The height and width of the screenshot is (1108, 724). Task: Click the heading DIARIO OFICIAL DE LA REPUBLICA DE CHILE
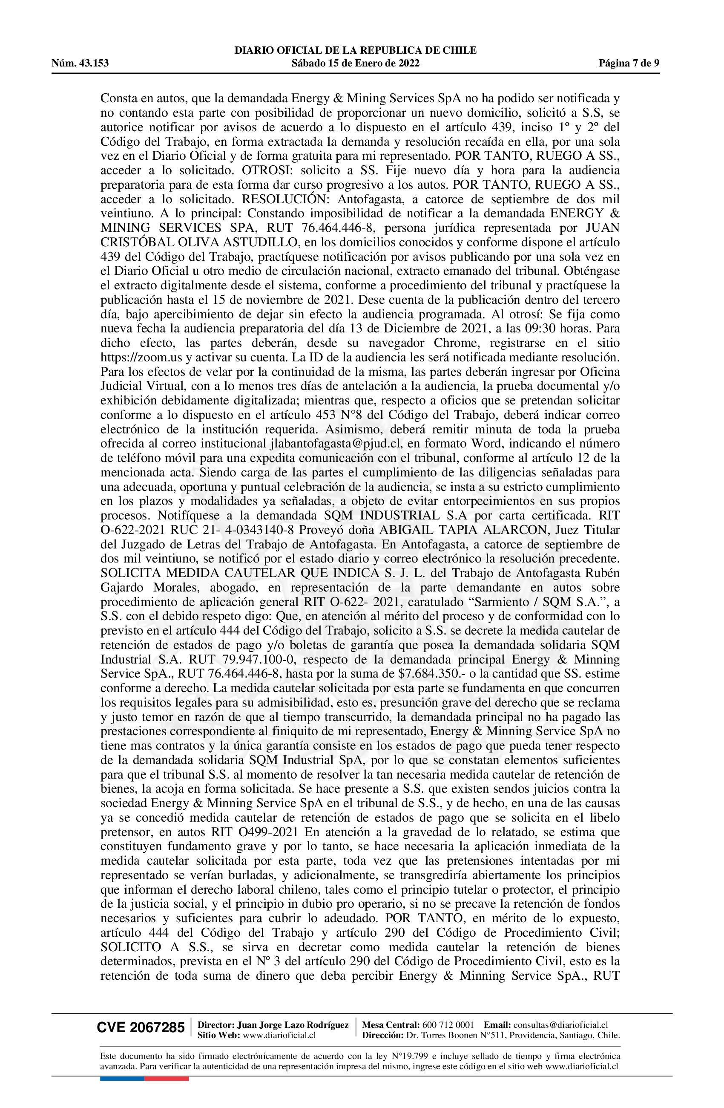point(356,50)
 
